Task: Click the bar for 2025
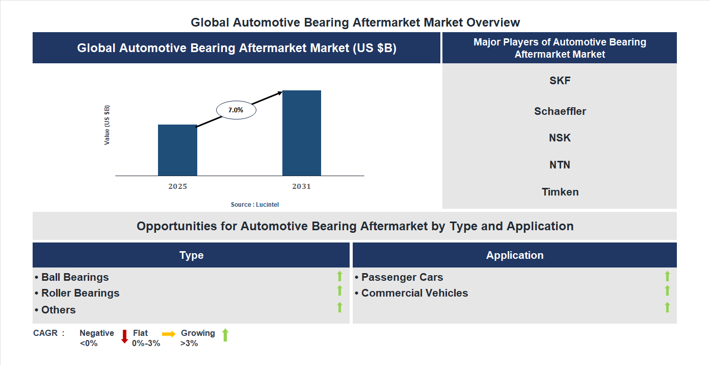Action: (x=177, y=150)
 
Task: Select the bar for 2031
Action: (x=302, y=133)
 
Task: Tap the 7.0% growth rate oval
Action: (x=236, y=110)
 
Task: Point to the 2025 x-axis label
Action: (x=177, y=186)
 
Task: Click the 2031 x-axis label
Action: (x=301, y=186)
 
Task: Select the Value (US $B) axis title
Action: (x=107, y=125)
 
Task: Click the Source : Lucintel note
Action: (x=255, y=204)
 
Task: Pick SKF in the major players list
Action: (x=560, y=81)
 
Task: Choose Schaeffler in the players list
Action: (x=560, y=111)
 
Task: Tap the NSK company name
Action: (x=560, y=138)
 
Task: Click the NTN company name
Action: (x=560, y=165)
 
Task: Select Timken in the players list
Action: (x=560, y=192)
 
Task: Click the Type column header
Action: (x=191, y=255)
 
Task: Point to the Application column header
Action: (x=514, y=255)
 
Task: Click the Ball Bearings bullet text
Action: (x=75, y=277)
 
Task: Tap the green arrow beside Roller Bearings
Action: (x=339, y=290)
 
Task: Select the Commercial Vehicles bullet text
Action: (x=414, y=293)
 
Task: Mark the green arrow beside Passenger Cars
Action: (x=667, y=276)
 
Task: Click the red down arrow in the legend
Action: (x=124, y=336)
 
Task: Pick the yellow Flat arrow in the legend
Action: (x=169, y=334)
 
